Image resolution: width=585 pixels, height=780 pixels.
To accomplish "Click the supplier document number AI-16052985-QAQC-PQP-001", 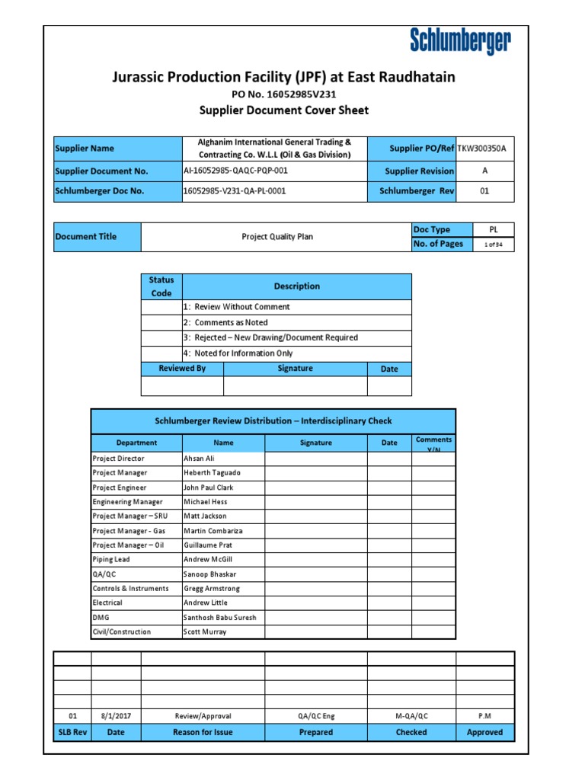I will [235, 171].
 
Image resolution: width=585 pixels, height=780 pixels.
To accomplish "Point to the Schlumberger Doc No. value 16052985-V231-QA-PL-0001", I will [235, 191].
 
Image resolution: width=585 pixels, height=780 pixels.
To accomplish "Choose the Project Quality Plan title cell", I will [277, 237].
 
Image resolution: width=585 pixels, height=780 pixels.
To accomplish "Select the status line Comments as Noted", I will [226, 323].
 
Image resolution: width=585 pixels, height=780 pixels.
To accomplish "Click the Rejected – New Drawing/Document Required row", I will [271, 337].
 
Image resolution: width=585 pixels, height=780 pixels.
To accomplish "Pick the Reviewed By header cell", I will [182, 369].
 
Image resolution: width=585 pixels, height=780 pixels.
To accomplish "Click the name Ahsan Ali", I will [200, 459].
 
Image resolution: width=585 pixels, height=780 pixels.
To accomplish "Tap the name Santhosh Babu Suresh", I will [219, 618].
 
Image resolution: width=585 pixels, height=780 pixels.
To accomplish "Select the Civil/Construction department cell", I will [122, 632].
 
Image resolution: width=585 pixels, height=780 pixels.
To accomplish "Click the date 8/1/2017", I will [116, 716].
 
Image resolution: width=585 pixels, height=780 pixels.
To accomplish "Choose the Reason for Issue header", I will [203, 733].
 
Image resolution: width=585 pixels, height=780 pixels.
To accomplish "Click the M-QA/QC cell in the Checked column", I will [411, 716].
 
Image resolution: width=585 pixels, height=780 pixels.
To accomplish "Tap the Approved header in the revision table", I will [484, 733].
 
